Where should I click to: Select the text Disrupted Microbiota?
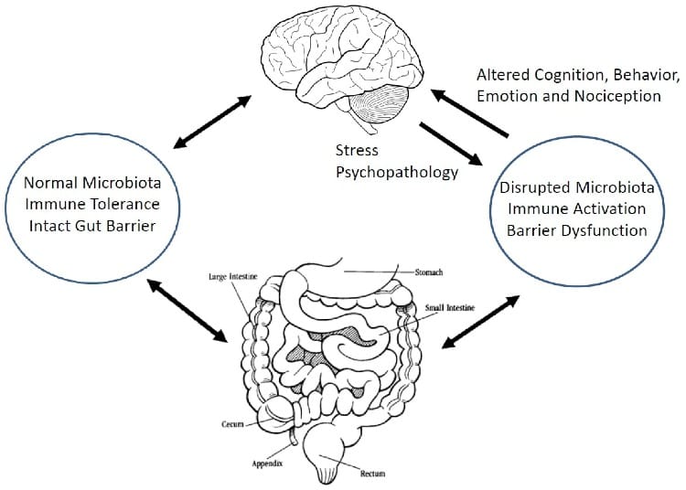coord(576,188)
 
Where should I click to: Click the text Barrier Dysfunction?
coord(576,230)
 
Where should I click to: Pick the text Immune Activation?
coord(576,209)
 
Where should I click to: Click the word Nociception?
coord(617,95)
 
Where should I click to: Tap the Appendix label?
coord(267,463)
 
